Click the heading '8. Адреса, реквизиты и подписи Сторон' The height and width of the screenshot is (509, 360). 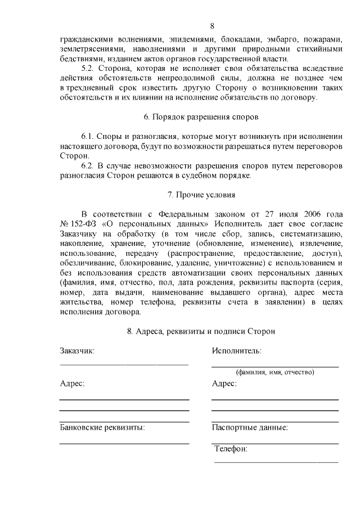(x=201, y=331)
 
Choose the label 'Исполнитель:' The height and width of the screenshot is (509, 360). (x=236, y=351)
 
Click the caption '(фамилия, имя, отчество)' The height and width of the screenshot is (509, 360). (x=275, y=372)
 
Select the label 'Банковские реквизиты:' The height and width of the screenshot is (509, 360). (x=102, y=427)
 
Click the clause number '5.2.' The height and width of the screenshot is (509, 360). (x=90, y=69)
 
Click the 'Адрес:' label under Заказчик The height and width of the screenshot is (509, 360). (x=72, y=384)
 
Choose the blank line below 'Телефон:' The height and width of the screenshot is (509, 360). (x=276, y=462)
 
